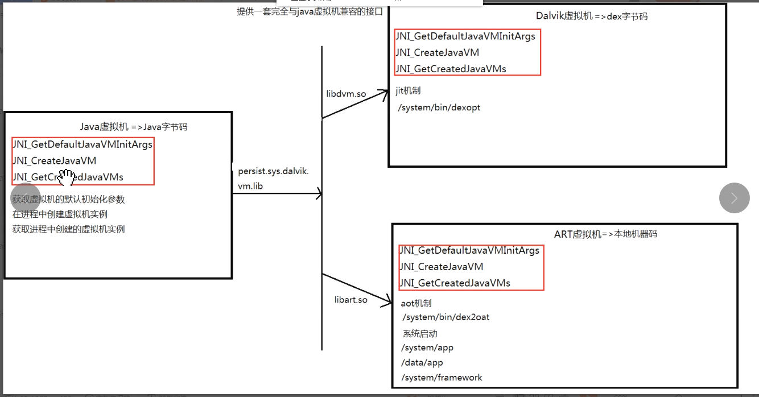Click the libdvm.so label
346,94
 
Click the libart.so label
351,299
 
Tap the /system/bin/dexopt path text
439,107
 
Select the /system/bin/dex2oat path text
445,317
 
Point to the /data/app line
422,362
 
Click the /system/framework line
442,378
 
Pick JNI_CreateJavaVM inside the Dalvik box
438,53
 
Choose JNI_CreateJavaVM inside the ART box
442,267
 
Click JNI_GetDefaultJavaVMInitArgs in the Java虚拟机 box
82,144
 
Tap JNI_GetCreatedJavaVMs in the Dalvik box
451,69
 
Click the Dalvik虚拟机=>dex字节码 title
591,16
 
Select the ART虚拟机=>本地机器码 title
605,234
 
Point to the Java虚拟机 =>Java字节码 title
134,127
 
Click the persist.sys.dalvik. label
273,171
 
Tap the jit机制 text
408,90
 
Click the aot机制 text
416,304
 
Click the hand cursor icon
67,178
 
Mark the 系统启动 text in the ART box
420,334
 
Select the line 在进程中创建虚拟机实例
60,214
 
